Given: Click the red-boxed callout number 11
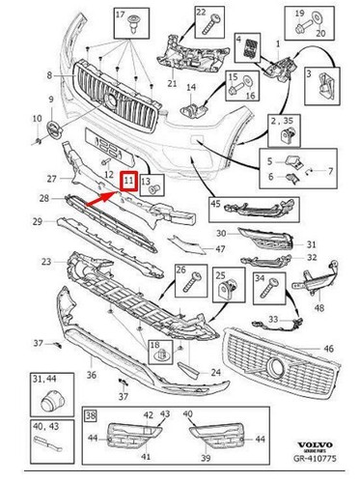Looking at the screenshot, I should coord(127,179).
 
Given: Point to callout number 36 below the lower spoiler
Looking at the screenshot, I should coord(92,377).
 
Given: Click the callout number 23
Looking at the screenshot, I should coord(46,262).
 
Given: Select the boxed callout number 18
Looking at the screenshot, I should coord(153,345).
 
